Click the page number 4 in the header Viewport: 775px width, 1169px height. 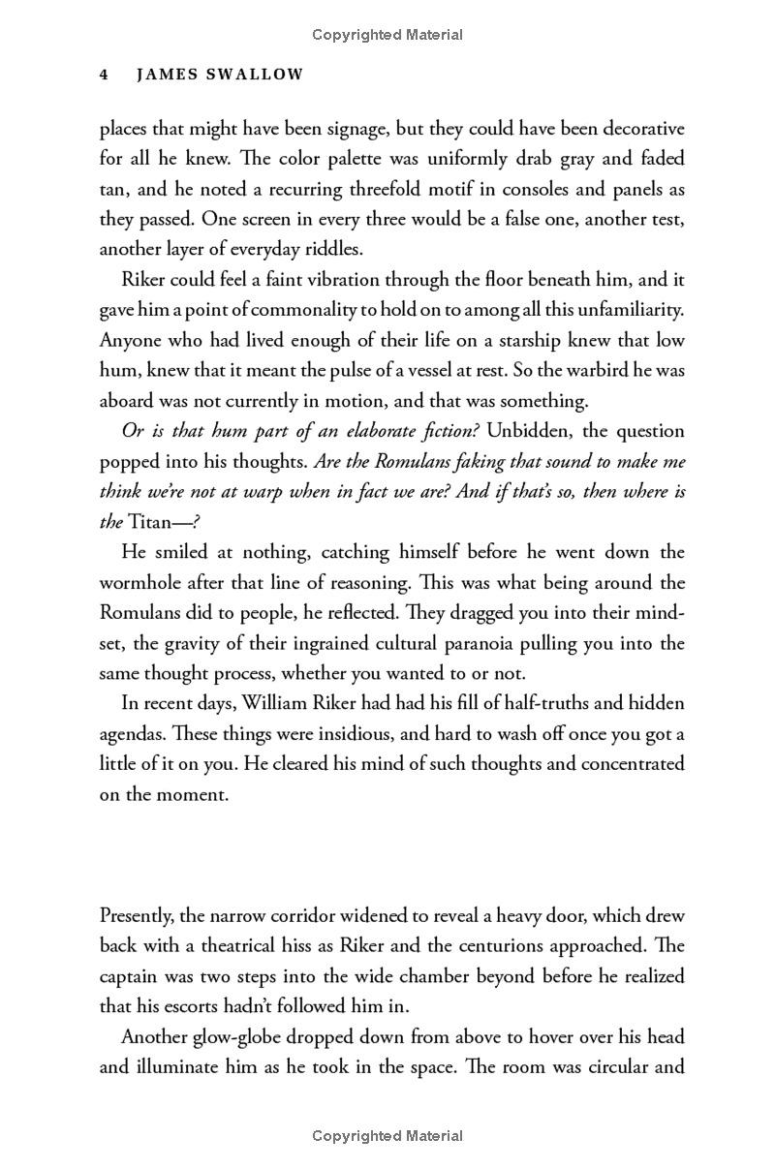[x=104, y=75]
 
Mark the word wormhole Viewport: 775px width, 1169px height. [x=143, y=583]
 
